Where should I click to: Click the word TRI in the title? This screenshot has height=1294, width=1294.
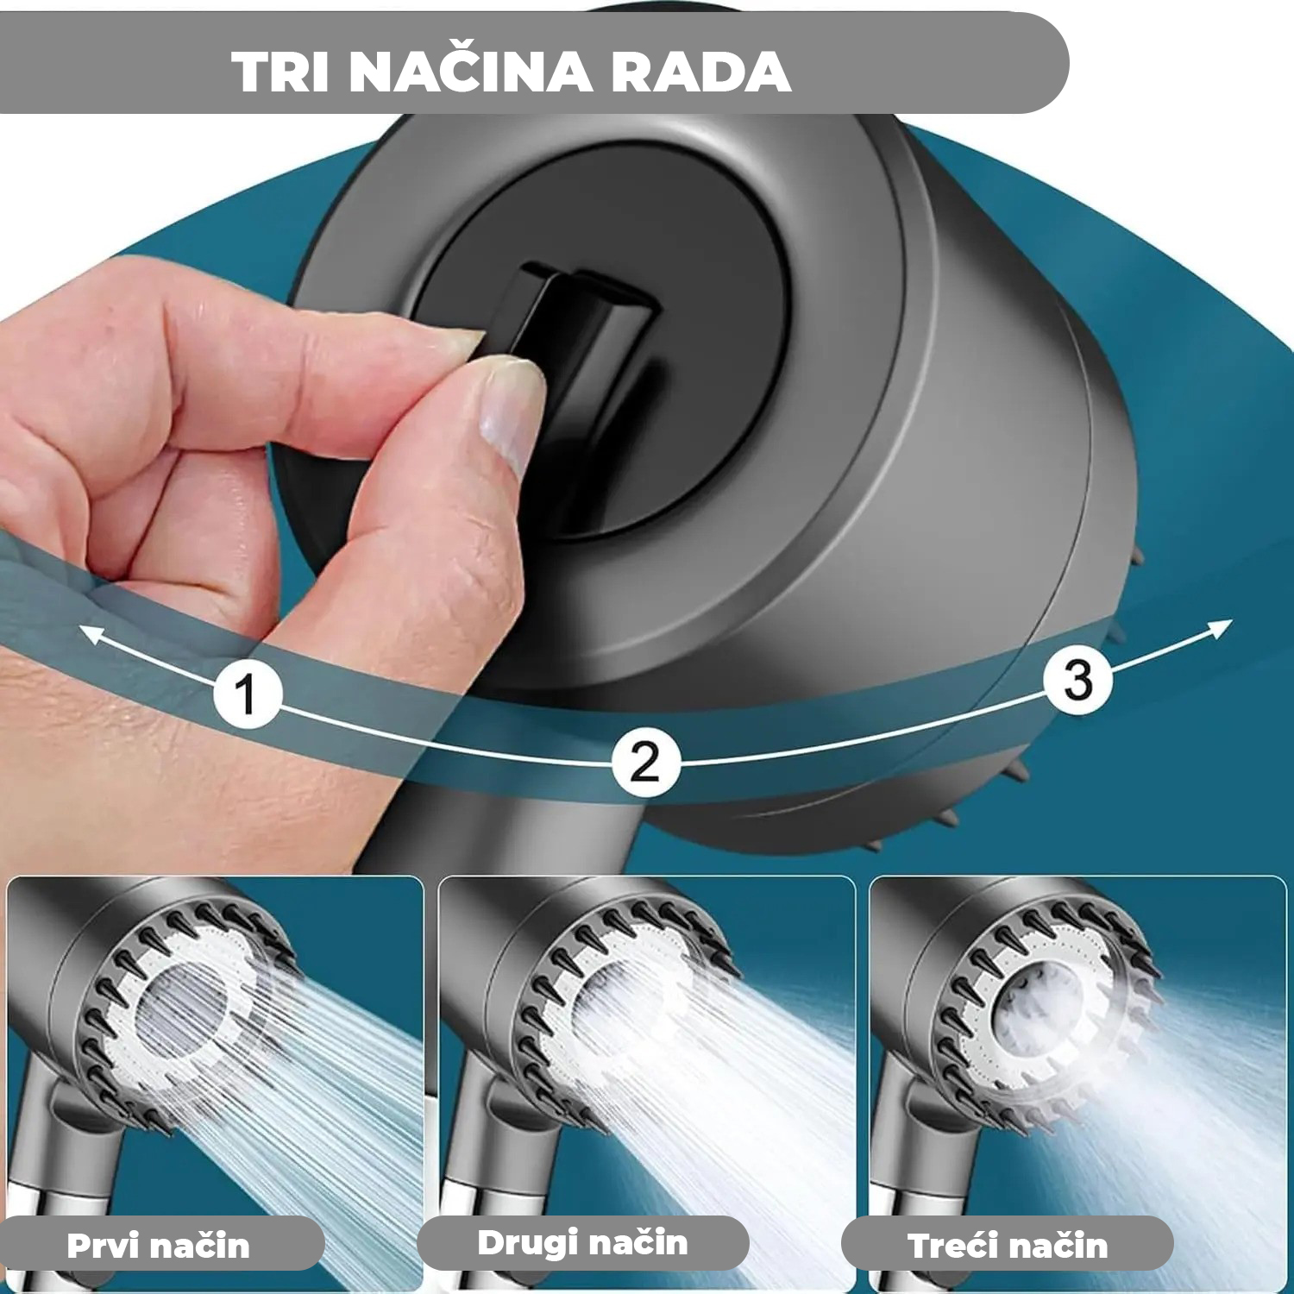pos(280,72)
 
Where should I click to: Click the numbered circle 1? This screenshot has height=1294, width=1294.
pos(248,694)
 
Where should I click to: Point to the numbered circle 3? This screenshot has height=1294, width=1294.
pos(1078,680)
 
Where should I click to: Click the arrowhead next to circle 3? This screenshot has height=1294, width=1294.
pos(1220,629)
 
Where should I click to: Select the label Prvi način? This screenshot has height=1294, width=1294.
pos(158,1246)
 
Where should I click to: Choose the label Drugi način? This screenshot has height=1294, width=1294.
pos(582,1243)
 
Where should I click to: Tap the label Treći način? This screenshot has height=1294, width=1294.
pos(1007,1246)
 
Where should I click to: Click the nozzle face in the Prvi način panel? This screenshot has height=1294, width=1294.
pos(185,1009)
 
